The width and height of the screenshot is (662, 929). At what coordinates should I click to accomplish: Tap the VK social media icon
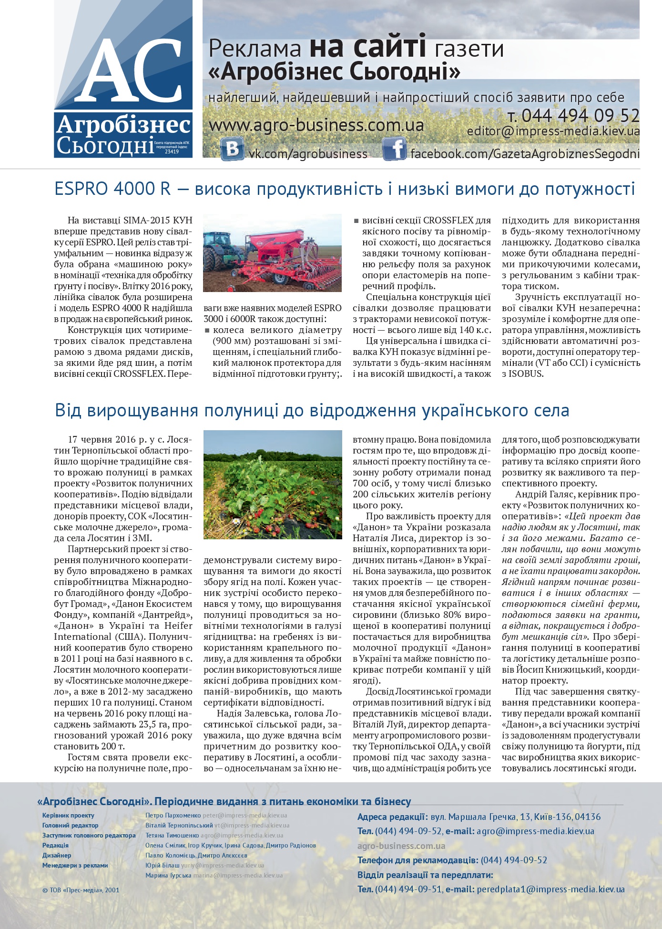(x=233, y=149)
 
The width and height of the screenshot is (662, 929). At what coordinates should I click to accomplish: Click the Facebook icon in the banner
(x=394, y=149)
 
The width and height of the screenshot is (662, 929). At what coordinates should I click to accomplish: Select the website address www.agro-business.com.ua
(x=316, y=125)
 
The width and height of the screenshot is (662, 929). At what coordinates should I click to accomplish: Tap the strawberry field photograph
(x=273, y=485)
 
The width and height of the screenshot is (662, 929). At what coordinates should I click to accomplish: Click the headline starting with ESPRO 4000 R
(x=345, y=189)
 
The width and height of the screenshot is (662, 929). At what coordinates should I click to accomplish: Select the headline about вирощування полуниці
(x=312, y=411)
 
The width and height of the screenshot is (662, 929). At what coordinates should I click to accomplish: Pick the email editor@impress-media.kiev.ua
(x=553, y=131)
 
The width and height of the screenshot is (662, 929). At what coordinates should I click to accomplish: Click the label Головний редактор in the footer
(x=70, y=825)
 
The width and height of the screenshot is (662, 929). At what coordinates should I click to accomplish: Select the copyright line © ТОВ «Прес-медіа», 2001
(x=81, y=889)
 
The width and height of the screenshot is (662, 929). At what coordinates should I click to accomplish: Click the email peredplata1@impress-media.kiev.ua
(x=550, y=889)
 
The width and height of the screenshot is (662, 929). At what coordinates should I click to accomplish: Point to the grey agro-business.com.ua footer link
(x=401, y=846)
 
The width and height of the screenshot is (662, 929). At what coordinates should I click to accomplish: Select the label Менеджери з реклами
(x=75, y=865)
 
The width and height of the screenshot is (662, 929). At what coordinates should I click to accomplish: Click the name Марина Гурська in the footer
(x=168, y=875)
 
